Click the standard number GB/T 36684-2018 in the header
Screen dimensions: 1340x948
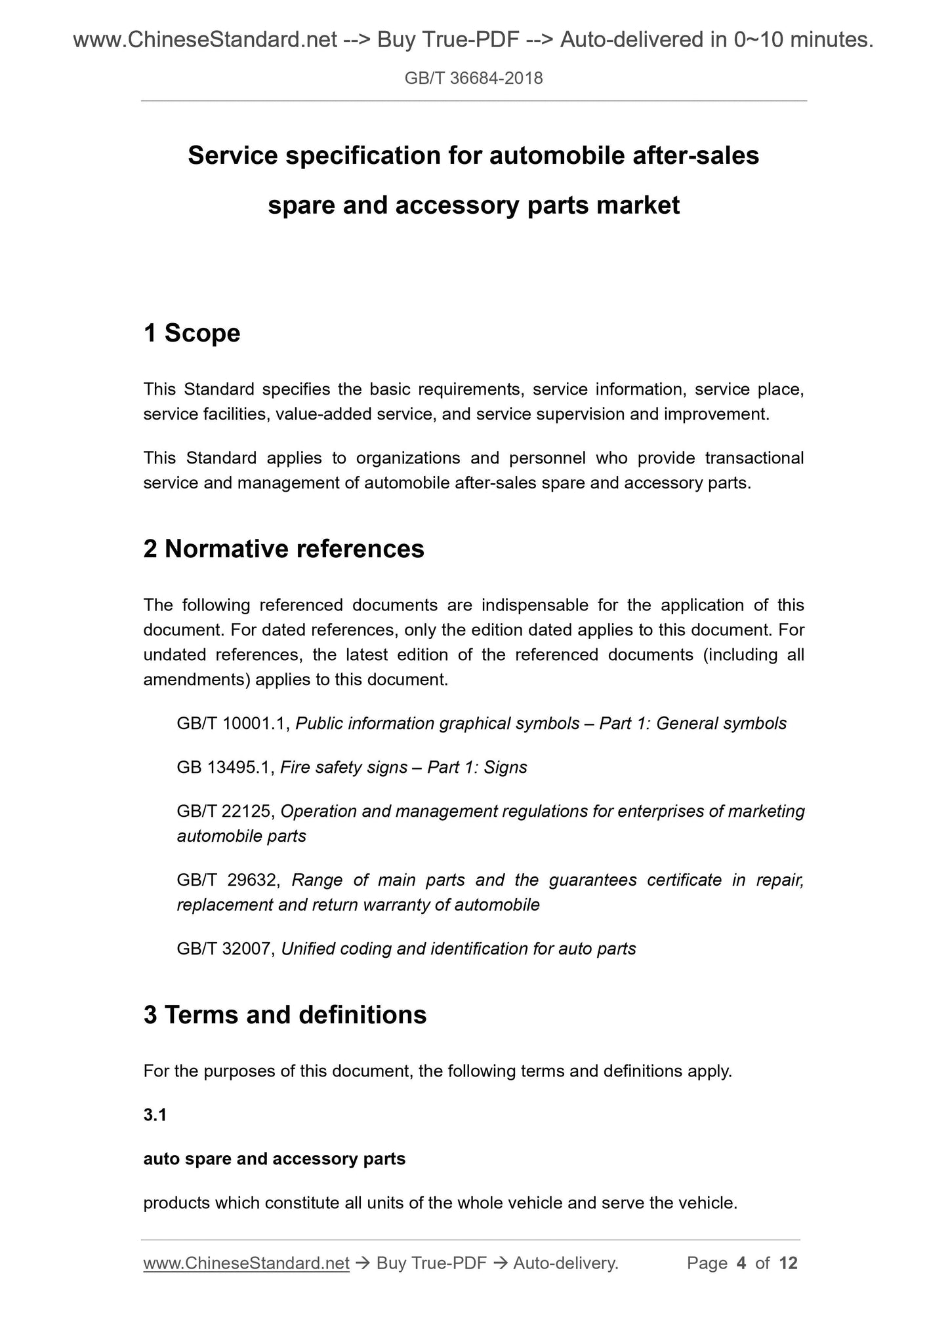click(x=473, y=79)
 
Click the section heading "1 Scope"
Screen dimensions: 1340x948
click(x=192, y=333)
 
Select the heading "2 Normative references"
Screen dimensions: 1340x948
click(x=283, y=549)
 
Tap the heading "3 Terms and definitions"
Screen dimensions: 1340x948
click(x=285, y=1015)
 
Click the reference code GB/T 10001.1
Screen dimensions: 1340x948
click(x=233, y=723)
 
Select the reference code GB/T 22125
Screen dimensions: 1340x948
click(x=224, y=811)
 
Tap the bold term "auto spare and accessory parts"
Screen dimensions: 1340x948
click(x=274, y=1158)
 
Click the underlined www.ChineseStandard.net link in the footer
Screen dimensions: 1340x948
click(x=246, y=1263)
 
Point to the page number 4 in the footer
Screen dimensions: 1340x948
click(x=741, y=1263)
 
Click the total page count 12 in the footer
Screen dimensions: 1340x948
click(x=788, y=1263)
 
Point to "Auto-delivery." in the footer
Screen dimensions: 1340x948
click(x=566, y=1263)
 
